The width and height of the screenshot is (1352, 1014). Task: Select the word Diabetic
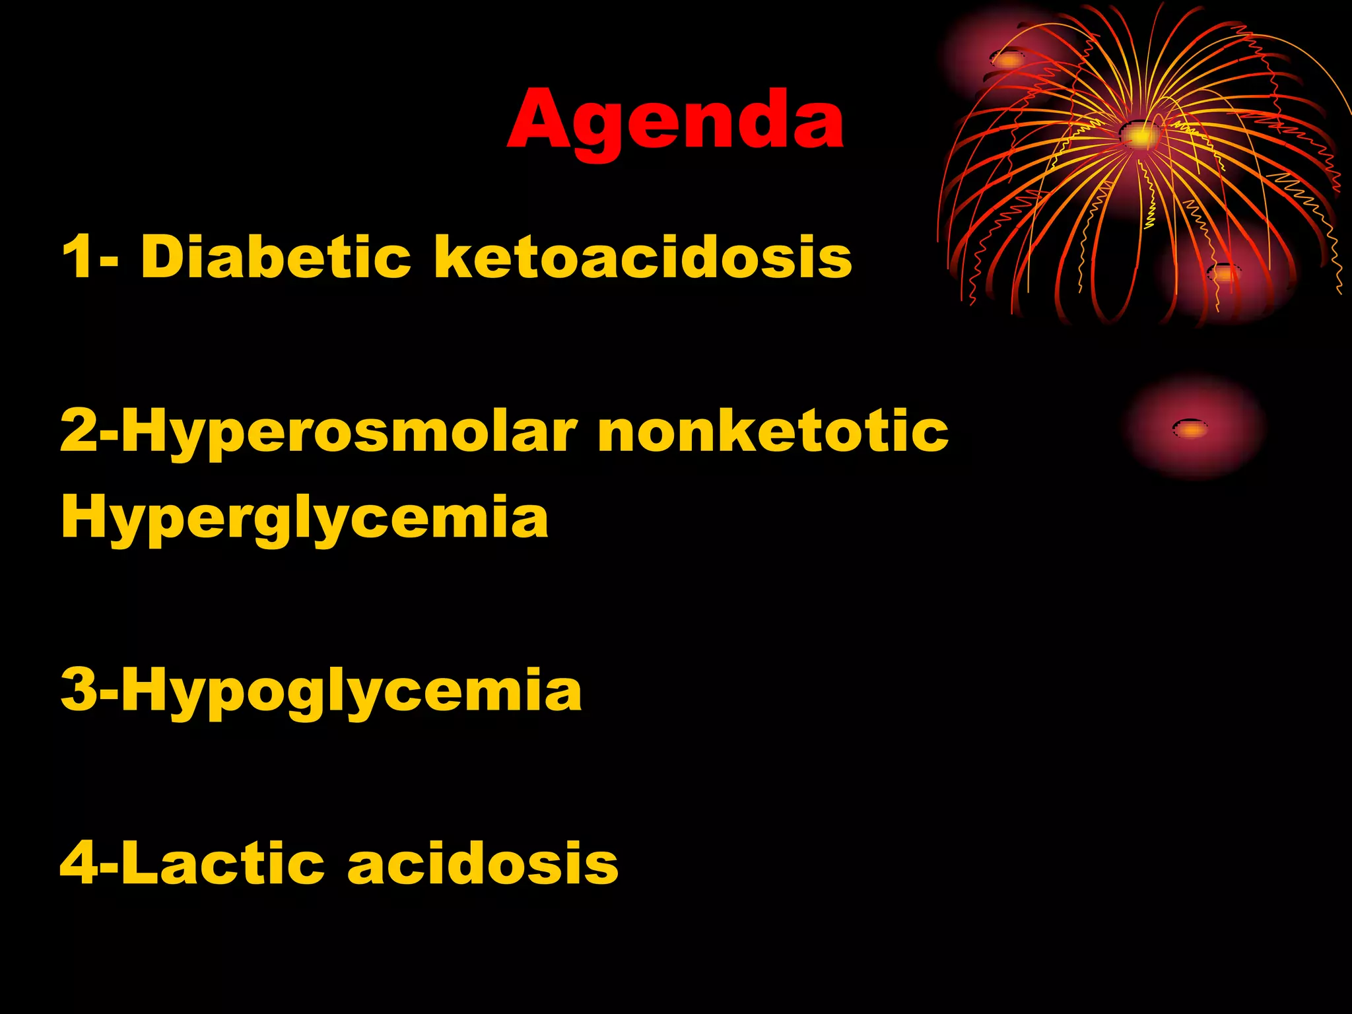[275, 257]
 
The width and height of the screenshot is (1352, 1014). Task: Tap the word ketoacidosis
[642, 257]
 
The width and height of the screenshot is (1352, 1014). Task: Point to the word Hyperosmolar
[349, 433]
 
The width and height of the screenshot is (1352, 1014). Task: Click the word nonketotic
[772, 432]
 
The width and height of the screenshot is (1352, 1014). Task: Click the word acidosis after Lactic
[483, 863]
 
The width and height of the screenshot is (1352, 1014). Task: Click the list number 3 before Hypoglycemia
[79, 690]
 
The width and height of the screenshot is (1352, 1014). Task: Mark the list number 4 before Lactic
[79, 863]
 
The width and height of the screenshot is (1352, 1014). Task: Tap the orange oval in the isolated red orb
[1190, 429]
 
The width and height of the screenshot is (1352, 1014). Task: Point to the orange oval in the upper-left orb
[1007, 60]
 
